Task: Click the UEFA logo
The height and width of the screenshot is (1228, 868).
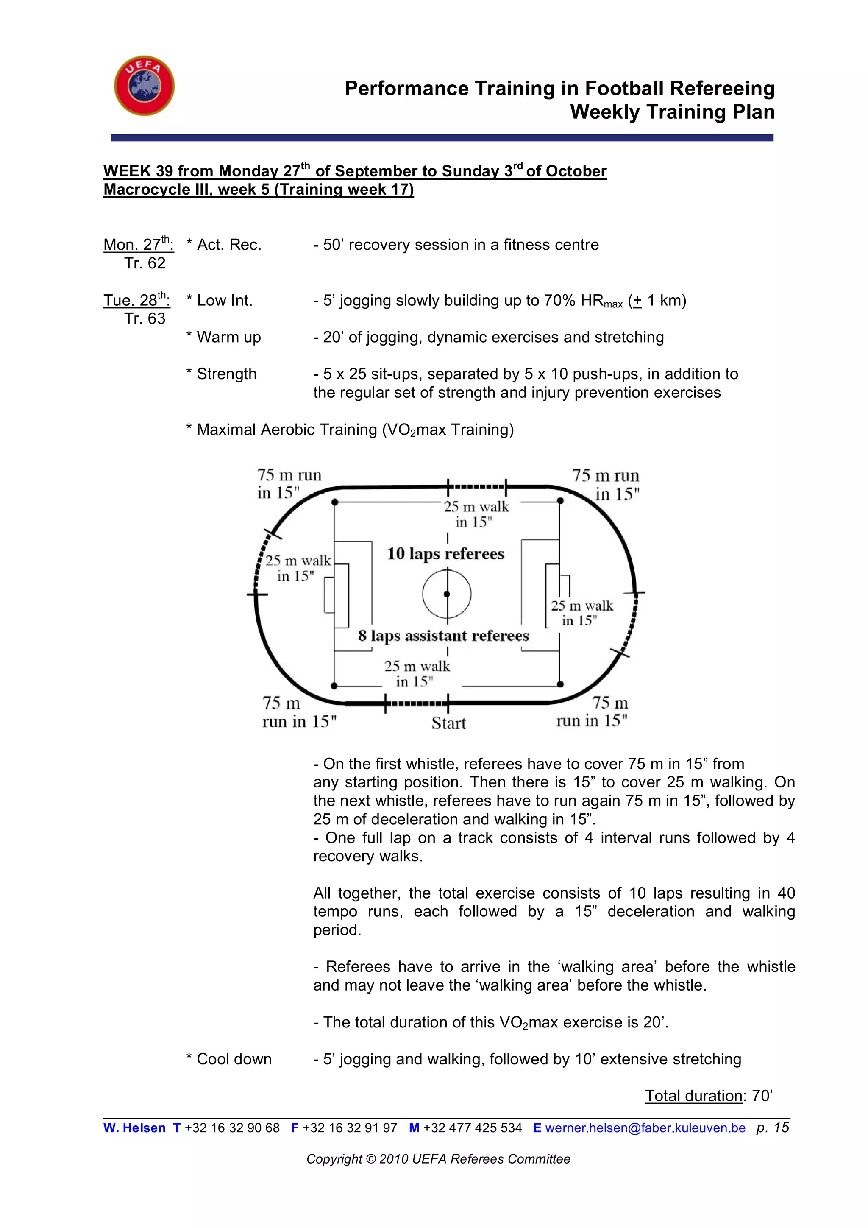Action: (144, 86)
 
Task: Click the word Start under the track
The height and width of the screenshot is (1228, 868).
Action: (448, 724)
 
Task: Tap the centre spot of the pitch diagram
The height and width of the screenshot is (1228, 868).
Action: (447, 594)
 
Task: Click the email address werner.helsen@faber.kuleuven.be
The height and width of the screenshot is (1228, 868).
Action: (645, 1128)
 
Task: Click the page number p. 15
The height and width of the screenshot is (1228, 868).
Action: (772, 1128)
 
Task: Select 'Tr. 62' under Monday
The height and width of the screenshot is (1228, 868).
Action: (145, 263)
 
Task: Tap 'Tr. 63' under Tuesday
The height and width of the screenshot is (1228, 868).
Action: (145, 319)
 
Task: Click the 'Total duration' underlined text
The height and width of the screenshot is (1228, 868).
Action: (693, 1096)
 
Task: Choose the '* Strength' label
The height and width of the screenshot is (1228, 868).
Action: (221, 374)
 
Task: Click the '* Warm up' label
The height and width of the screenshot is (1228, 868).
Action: (223, 337)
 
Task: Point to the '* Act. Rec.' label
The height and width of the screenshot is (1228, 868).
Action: (224, 245)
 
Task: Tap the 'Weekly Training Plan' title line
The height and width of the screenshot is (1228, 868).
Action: (672, 112)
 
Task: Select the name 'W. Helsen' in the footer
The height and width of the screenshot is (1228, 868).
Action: (134, 1128)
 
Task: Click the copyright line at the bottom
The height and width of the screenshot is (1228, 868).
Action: (438, 1159)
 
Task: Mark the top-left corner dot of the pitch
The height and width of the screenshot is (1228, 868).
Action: (334, 502)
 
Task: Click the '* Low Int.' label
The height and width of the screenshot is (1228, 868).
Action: (219, 301)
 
